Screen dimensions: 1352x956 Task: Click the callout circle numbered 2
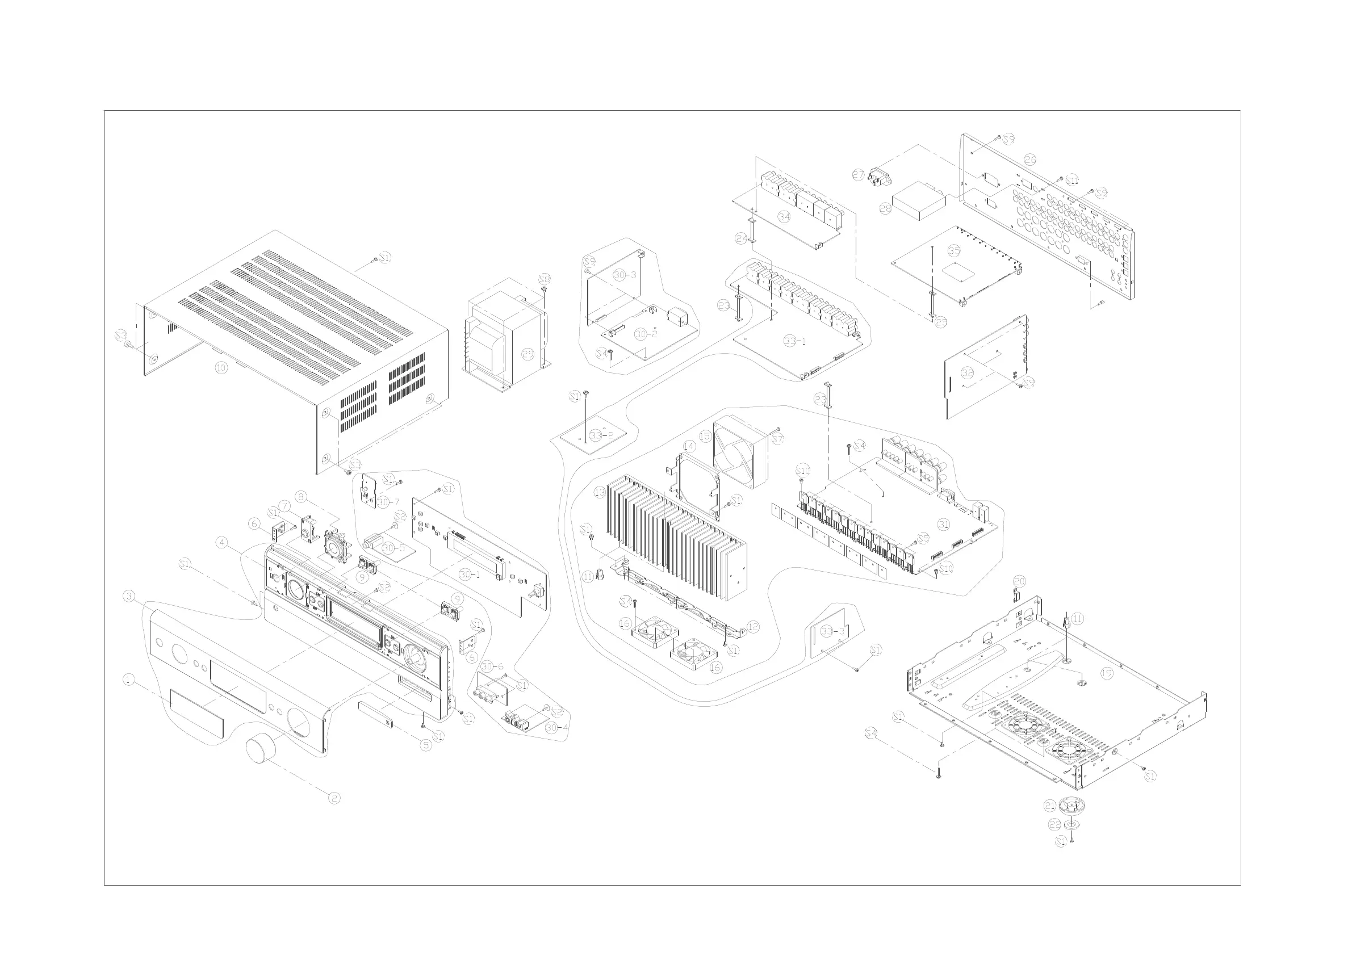[x=334, y=798]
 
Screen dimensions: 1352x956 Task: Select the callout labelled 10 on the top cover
[x=221, y=368]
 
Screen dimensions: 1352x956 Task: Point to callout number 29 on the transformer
[x=528, y=354]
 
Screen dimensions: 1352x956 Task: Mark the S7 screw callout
[x=778, y=439]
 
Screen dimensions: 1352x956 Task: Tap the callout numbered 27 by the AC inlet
[x=859, y=174]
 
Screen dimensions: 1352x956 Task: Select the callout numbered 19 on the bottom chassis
[x=1107, y=673]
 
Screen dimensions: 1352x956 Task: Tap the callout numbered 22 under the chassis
[x=1054, y=825]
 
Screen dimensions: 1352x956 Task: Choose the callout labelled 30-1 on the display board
[x=470, y=574]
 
